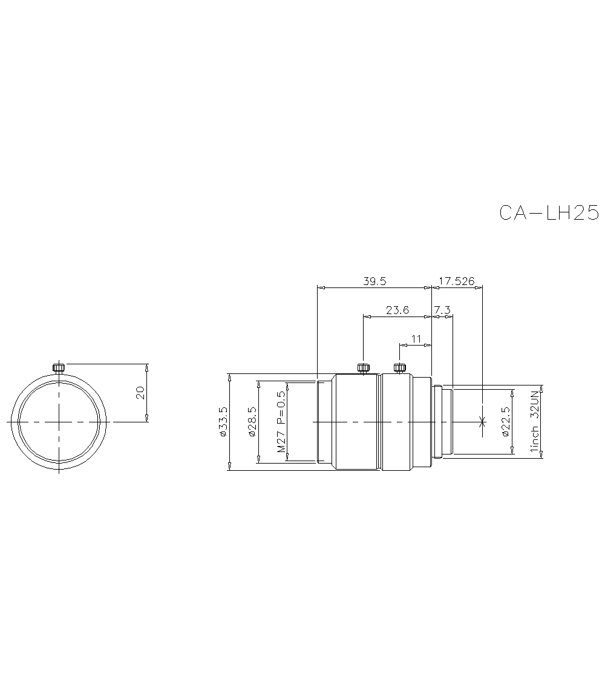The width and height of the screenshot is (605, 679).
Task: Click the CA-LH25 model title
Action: click(x=549, y=212)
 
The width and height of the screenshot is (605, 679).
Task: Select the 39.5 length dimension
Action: click(x=374, y=281)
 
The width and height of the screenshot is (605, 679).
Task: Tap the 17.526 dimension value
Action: click(x=457, y=281)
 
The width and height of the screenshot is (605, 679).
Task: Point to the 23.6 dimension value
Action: click(x=397, y=310)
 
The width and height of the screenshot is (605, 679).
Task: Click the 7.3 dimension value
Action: click(x=442, y=310)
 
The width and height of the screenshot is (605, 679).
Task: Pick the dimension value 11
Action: click(x=416, y=339)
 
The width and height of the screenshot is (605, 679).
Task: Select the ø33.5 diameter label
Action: click(x=222, y=422)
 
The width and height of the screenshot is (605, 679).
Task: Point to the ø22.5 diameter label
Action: click(x=506, y=422)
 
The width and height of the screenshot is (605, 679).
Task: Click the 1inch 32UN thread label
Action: click(x=534, y=422)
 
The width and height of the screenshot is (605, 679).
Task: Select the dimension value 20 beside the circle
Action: click(x=140, y=393)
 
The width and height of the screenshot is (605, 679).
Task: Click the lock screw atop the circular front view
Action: click(x=58, y=368)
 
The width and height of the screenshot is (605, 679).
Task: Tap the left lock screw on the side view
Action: click(x=362, y=367)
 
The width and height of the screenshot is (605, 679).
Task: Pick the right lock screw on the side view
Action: click(x=399, y=367)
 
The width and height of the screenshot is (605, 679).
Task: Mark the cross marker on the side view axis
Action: click(x=482, y=421)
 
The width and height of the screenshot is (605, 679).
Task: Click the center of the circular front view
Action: click(x=58, y=421)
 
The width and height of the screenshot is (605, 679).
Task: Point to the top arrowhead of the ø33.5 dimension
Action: click(x=229, y=376)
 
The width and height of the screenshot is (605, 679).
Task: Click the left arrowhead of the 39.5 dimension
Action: click(x=320, y=287)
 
